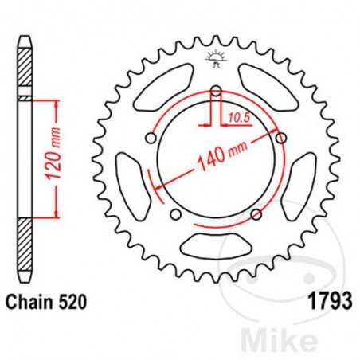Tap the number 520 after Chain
click(69, 303)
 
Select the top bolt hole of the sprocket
click(216, 91)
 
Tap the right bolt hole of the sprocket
click(281, 139)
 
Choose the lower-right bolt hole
click(256, 213)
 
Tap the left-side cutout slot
click(130, 179)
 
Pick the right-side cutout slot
click(302, 179)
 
